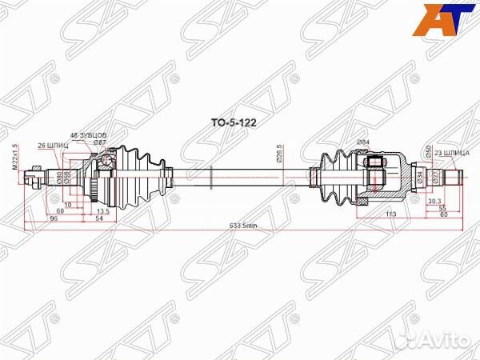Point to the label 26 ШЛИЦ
click(53, 145)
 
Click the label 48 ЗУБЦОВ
click(88, 135)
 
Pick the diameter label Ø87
click(99, 142)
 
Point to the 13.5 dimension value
click(103, 211)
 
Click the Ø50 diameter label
click(428, 152)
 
